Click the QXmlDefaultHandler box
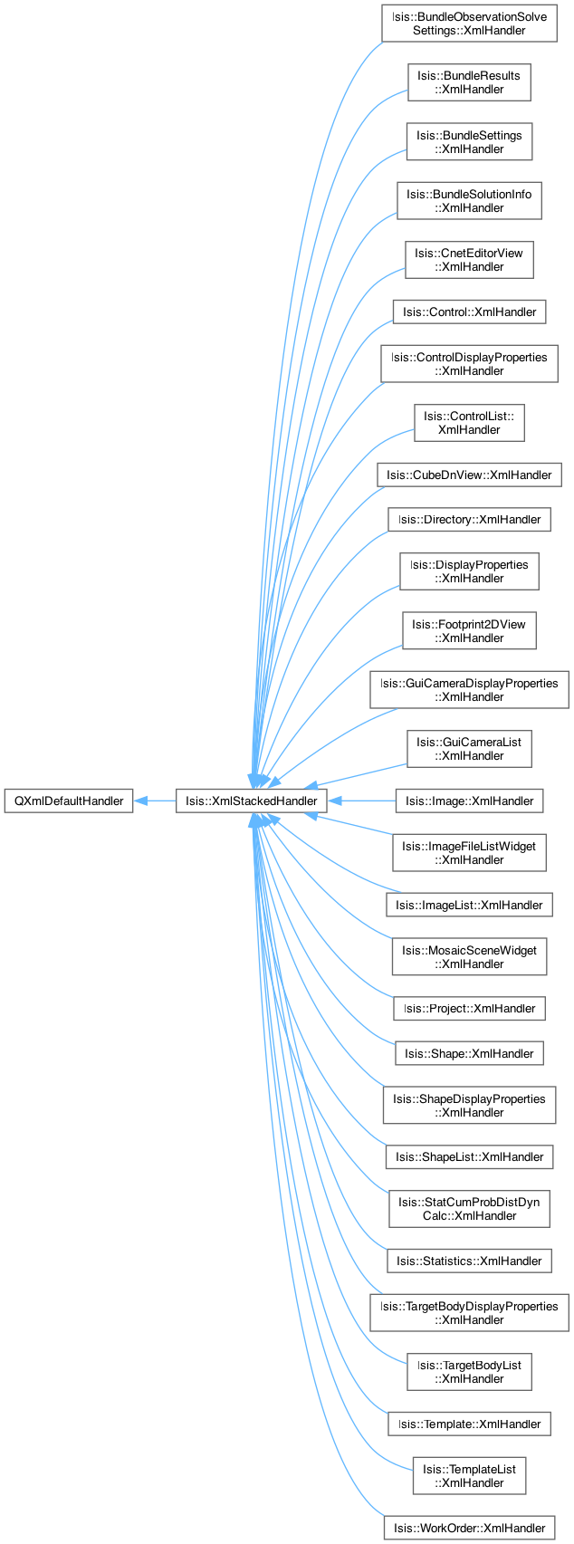pos(69,801)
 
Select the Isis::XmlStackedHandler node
pos(251,801)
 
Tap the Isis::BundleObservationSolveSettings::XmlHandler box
pos(469,24)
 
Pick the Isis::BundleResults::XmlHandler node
pos(469,82)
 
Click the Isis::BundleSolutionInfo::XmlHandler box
pos(469,201)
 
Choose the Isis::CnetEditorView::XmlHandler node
pos(469,260)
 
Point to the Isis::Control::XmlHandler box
pos(469,312)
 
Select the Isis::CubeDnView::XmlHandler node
pos(469,475)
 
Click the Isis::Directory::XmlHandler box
pos(469,519)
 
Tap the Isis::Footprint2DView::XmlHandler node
pos(469,630)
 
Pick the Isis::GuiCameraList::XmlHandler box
pos(469,749)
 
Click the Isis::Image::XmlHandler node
pos(469,801)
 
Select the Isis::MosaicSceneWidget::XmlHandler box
pos(469,957)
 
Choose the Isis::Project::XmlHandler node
pos(469,1008)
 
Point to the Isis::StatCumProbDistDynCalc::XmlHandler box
pos(469,1209)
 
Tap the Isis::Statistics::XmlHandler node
pos(469,1261)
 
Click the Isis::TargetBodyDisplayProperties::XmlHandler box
pos(469,1313)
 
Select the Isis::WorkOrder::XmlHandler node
pos(469,1528)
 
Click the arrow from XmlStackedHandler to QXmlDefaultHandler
pos(156,801)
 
